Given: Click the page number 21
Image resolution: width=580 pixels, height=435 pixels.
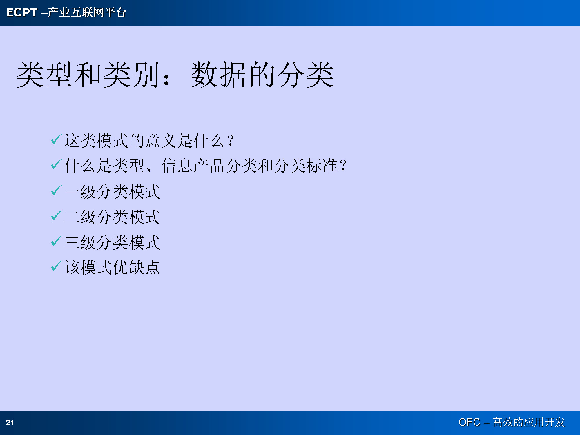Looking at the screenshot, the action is [10, 423].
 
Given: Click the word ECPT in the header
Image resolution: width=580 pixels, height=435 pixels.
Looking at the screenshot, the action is [22, 12].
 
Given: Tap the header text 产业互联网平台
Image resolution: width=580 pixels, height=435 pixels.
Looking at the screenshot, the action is [87, 12].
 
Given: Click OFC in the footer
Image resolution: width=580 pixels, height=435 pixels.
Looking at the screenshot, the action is [469, 422].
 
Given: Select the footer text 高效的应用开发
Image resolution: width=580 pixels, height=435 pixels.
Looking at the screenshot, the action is [529, 422].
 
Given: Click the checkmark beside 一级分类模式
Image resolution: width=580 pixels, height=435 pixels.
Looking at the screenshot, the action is [56, 190].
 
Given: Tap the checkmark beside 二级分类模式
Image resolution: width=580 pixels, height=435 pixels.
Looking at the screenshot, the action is [56, 215].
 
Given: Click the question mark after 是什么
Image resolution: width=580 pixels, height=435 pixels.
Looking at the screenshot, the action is [230, 140].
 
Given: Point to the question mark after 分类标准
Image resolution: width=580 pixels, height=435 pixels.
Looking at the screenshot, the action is [343, 165].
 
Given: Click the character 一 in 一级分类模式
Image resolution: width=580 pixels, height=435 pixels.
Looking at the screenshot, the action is [72, 192].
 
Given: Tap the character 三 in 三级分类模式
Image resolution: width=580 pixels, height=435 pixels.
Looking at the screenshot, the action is [72, 242].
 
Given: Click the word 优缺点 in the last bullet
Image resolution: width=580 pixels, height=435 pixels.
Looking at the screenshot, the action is [136, 267].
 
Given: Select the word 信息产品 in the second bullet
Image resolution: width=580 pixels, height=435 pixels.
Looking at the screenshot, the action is [193, 166].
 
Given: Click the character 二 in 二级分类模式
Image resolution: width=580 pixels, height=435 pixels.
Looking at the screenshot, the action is [72, 217].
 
